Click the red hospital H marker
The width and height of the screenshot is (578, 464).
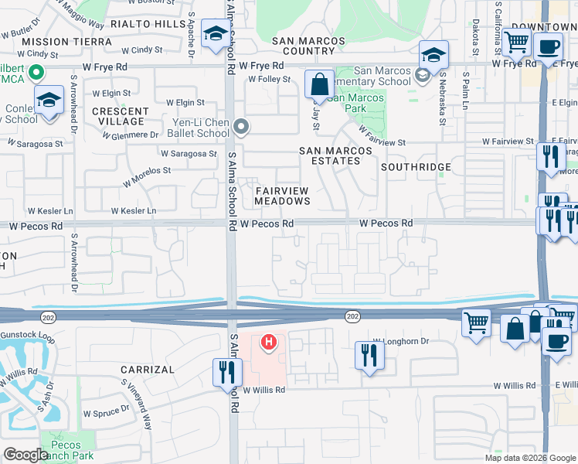click(269, 341)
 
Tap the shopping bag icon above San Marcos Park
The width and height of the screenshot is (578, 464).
click(319, 85)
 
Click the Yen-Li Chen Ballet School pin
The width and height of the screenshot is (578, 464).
click(242, 126)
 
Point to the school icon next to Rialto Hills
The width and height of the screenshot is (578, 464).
click(215, 34)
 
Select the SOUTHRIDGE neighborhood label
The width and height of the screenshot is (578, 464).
click(416, 167)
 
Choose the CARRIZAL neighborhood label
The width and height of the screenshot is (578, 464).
click(148, 370)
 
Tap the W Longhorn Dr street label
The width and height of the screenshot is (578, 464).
click(400, 341)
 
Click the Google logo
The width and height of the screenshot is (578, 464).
click(25, 455)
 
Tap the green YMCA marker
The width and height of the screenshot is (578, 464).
click(34, 73)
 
